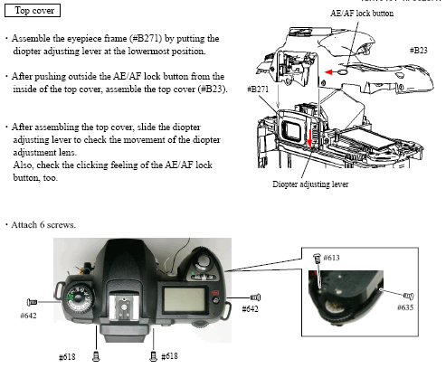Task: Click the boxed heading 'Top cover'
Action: point(33,11)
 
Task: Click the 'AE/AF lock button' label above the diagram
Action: point(362,14)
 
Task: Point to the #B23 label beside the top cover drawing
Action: point(419,51)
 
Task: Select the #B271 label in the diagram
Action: point(258,90)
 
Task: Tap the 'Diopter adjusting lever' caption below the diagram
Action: point(310,184)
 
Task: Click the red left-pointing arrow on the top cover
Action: point(332,72)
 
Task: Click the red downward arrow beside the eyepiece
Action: point(309,137)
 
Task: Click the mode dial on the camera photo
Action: point(78,298)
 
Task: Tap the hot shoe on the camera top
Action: point(124,307)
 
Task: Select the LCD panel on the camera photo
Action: point(185,299)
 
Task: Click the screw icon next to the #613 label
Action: point(317,258)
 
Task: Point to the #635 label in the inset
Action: point(405,307)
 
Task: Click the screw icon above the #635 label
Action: point(409,296)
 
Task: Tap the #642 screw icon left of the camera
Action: point(32,302)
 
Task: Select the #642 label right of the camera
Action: point(250,309)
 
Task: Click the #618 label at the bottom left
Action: point(67,357)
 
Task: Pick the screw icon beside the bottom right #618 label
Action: point(153,356)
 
